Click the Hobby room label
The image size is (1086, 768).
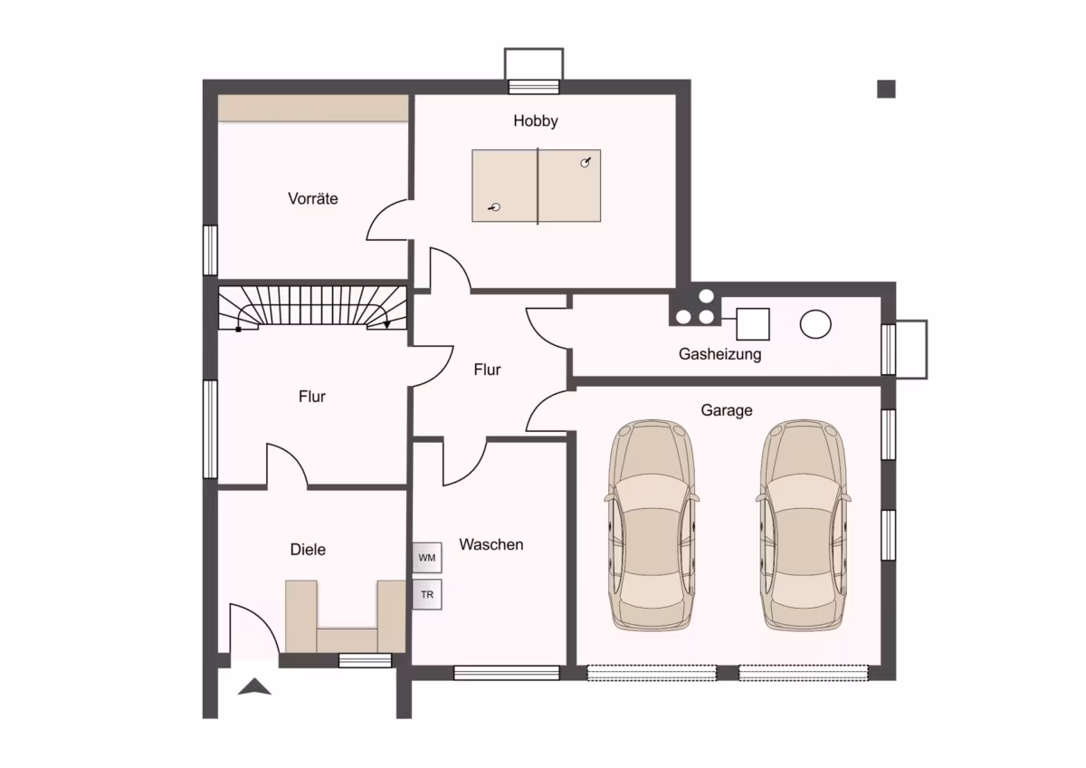click(535, 120)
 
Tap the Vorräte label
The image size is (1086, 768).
click(313, 198)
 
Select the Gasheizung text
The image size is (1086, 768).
click(720, 354)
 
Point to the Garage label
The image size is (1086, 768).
click(726, 410)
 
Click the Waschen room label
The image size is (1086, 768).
click(491, 544)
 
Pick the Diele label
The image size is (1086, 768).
click(308, 550)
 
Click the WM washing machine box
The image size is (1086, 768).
click(427, 558)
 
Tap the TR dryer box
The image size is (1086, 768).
click(427, 594)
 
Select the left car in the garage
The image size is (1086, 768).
click(652, 525)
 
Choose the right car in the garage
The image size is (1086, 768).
click(804, 525)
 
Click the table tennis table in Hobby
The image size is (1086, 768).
click(536, 186)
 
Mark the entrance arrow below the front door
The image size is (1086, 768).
click(254, 687)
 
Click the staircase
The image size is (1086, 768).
click(312, 308)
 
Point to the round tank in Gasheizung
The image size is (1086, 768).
click(815, 324)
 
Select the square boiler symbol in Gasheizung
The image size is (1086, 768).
click(752, 324)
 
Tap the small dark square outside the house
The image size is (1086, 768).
click(886, 90)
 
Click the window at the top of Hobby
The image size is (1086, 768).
click(533, 87)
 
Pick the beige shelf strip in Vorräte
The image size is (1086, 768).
click(313, 108)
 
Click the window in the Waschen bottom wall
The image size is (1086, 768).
click(506, 673)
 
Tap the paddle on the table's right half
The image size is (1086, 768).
click(586, 162)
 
